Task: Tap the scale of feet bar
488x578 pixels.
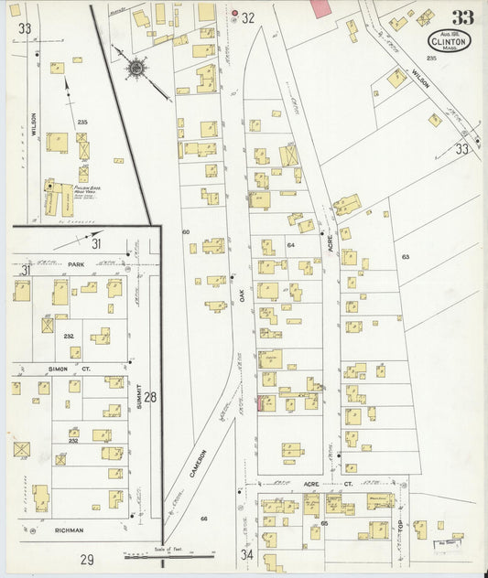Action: pyautogui.click(x=169, y=554)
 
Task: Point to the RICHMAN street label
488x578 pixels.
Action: pyautogui.click(x=69, y=530)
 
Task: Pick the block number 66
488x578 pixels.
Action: pyautogui.click(x=203, y=518)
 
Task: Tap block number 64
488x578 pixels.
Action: pyautogui.click(x=291, y=245)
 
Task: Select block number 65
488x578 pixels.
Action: pyautogui.click(x=325, y=522)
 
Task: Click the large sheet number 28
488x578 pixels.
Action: pyautogui.click(x=151, y=396)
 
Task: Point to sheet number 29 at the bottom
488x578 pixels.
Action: pyautogui.click(x=87, y=559)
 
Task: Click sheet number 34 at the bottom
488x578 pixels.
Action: pyautogui.click(x=246, y=554)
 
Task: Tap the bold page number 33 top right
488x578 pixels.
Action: pyautogui.click(x=462, y=17)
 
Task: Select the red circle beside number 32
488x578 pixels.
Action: pyautogui.click(x=235, y=15)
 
